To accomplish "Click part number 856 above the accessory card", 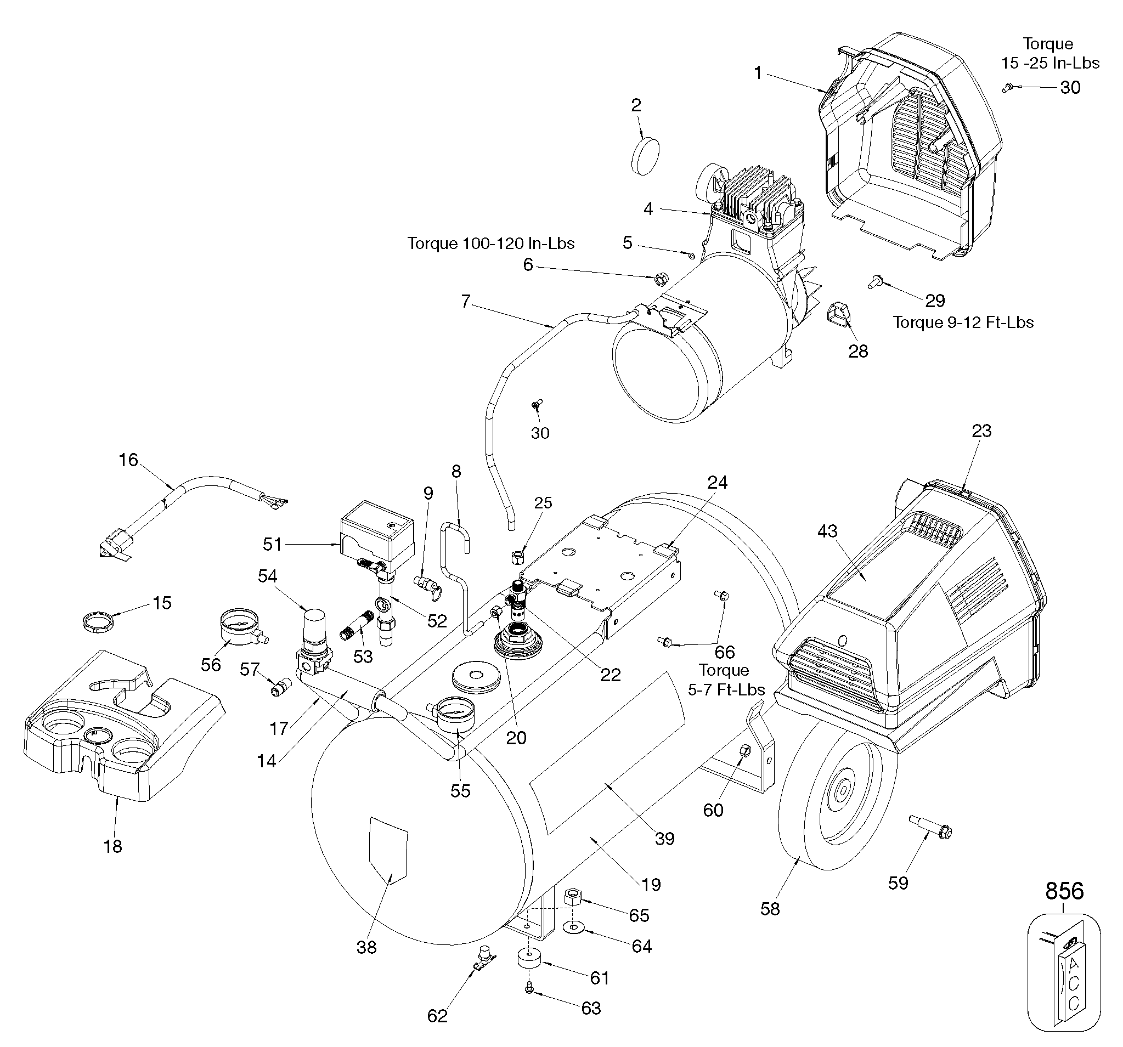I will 1064,891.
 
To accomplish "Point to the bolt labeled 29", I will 877,281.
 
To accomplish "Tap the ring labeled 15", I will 95,621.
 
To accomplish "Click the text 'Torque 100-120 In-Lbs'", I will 491,244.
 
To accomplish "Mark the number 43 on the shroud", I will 827,531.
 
